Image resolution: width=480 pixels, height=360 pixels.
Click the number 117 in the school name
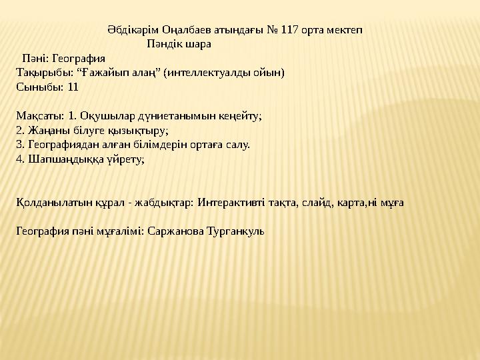[x=288, y=31]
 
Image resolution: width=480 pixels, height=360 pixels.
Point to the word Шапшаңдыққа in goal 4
[x=62, y=158]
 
